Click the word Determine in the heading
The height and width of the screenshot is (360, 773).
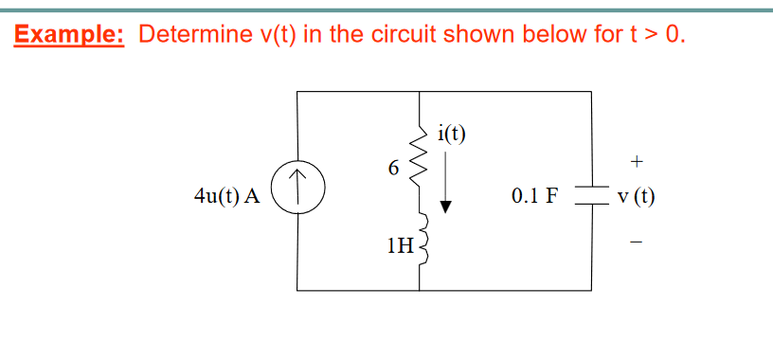point(189,35)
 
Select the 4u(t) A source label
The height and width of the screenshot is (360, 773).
point(226,197)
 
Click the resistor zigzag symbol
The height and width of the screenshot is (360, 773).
point(418,161)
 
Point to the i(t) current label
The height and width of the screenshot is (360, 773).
point(452,133)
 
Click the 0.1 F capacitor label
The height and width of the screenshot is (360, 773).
point(535,197)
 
